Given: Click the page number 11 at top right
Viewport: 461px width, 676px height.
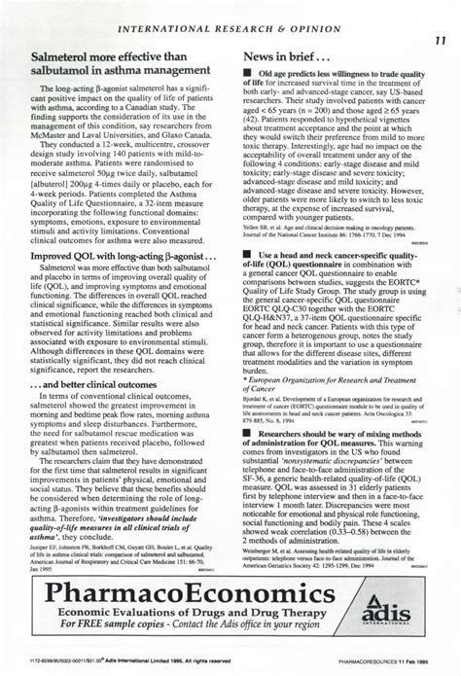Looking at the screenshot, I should click(x=439, y=42).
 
